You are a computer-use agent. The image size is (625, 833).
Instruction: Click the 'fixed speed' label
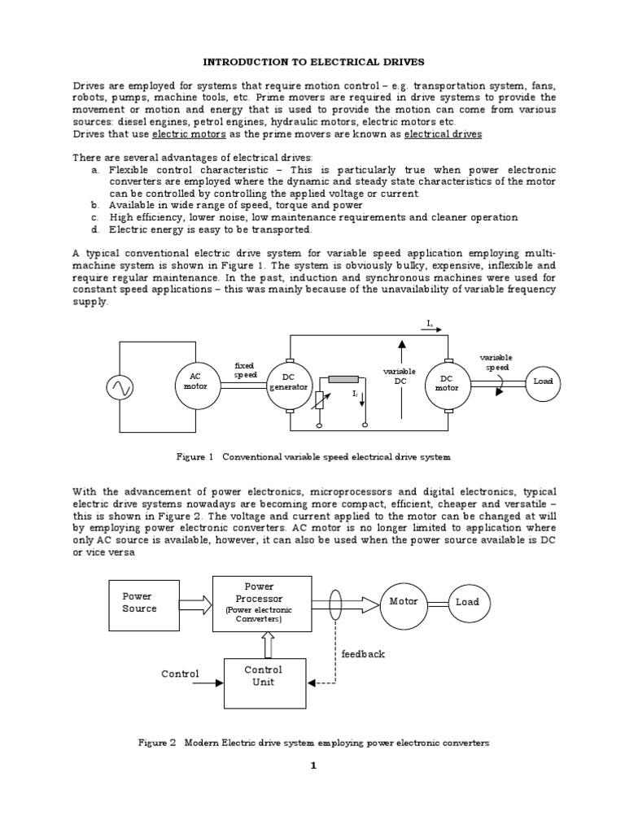click(245, 370)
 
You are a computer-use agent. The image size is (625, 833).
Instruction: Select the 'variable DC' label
click(400, 376)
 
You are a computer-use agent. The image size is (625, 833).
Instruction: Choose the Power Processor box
click(260, 603)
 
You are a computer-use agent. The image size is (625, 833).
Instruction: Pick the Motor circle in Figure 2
click(404, 602)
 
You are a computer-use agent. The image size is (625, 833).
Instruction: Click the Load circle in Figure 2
click(467, 602)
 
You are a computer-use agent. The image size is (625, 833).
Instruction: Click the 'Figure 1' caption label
click(194, 457)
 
